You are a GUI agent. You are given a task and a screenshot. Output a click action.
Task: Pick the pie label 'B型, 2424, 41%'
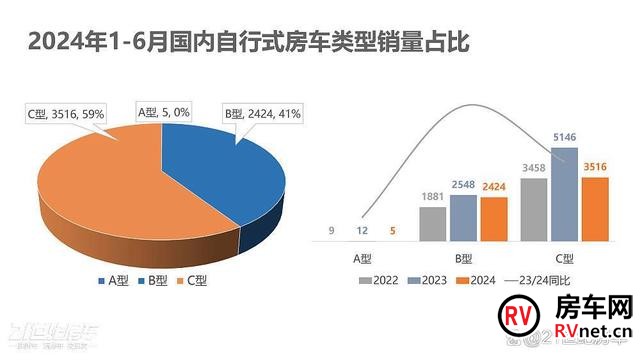262,114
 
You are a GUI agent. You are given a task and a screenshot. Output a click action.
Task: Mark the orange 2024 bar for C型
594,209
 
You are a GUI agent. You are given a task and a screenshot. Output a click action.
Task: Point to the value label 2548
464,186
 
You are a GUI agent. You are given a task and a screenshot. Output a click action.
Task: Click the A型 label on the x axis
363,258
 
